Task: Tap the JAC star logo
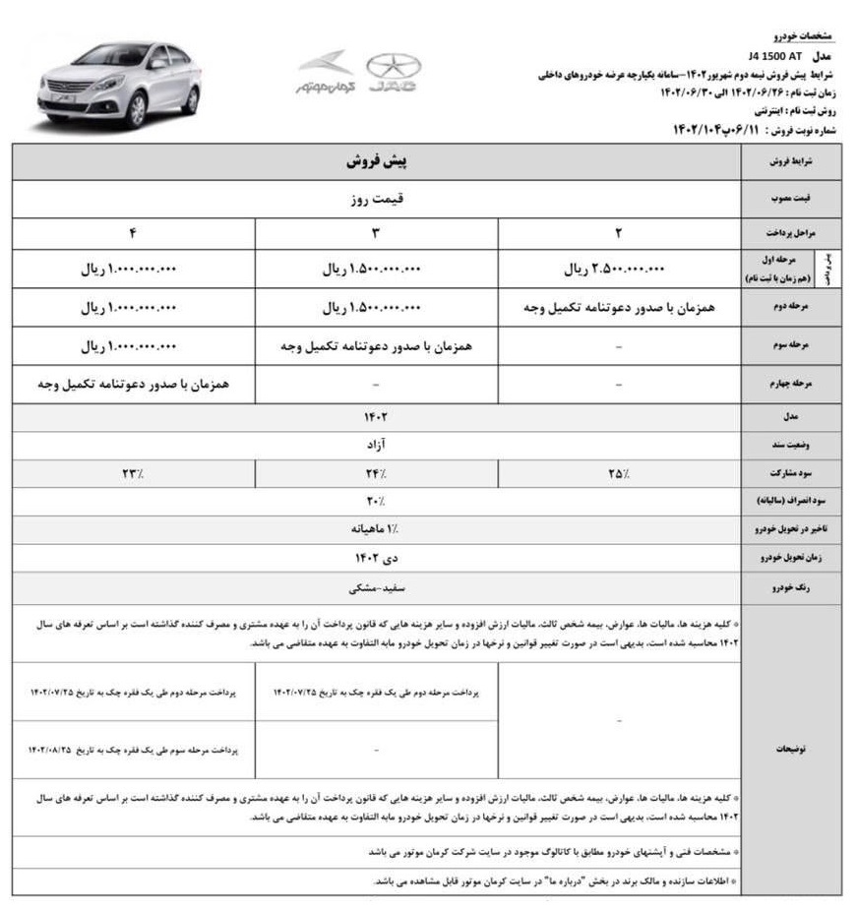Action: coord(393,75)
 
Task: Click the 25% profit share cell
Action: coord(619,473)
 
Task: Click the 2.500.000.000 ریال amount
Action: coord(617,270)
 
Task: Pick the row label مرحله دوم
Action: coord(790,309)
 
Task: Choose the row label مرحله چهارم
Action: coord(790,385)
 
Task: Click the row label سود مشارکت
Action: coord(790,474)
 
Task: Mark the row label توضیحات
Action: coord(790,749)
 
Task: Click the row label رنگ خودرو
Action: coord(790,587)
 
